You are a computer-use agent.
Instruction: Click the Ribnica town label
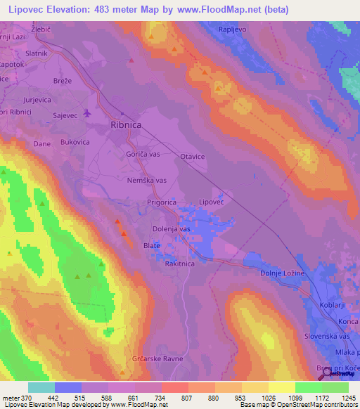click(x=127, y=124)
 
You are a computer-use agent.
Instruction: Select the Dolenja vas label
click(x=172, y=229)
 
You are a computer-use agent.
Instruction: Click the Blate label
click(x=151, y=245)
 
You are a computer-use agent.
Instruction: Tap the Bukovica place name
click(x=75, y=142)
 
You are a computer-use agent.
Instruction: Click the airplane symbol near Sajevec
click(x=87, y=112)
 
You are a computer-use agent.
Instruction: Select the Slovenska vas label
click(x=331, y=338)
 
